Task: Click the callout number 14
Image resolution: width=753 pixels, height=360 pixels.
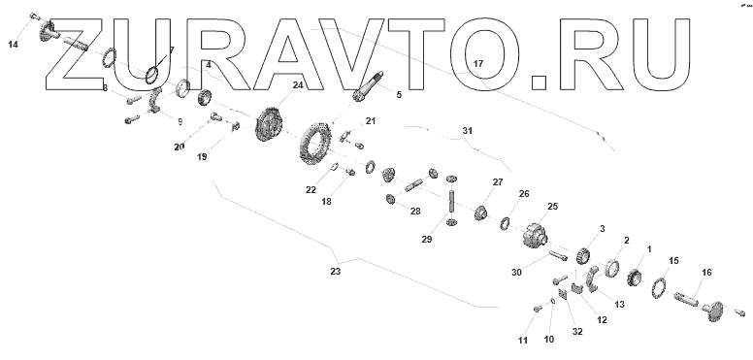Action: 13,45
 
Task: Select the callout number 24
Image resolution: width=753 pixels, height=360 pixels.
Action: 298,85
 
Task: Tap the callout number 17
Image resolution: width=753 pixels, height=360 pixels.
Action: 477,63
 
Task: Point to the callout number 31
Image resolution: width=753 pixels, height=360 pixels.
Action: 468,131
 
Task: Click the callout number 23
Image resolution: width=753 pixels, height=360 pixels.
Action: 335,272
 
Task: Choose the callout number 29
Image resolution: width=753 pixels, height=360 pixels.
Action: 427,239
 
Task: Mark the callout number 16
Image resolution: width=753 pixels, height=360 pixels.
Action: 706,273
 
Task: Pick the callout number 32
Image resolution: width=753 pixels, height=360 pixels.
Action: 577,331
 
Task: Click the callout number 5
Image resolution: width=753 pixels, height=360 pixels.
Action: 399,95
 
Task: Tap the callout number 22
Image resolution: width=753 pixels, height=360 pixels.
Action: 311,190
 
